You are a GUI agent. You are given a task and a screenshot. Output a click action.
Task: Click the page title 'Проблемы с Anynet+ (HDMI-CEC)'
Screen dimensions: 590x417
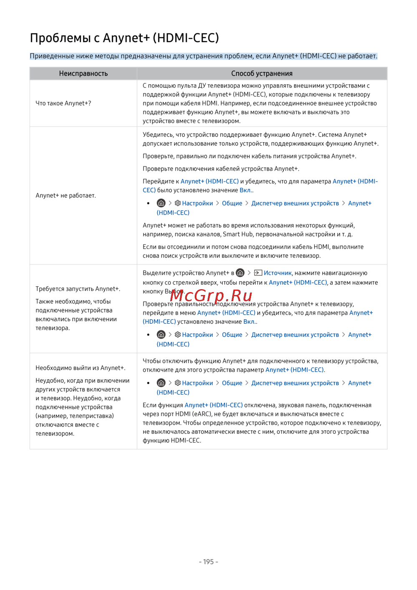click(x=124, y=38)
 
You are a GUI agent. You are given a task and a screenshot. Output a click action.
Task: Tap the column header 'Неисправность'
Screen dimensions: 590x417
click(x=83, y=73)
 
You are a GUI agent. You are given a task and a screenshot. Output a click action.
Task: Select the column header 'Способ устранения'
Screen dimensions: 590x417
click(x=262, y=73)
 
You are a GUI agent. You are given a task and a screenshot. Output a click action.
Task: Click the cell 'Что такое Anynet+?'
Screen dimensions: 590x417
click(x=63, y=103)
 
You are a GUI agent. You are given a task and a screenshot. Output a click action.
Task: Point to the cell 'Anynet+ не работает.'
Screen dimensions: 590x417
click(x=66, y=195)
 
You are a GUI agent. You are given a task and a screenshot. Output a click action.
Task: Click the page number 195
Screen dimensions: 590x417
click(x=208, y=562)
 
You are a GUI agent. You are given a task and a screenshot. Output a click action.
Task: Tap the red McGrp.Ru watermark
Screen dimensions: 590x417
click(x=211, y=295)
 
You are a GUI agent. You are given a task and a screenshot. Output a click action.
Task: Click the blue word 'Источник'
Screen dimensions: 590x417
click(x=278, y=273)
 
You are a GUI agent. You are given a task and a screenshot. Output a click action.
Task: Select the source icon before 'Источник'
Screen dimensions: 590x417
click(x=258, y=273)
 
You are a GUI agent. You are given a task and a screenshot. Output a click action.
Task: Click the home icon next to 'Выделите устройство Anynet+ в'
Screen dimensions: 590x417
click(x=240, y=273)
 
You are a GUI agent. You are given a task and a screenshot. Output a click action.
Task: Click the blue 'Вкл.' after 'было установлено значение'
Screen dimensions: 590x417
click(x=246, y=190)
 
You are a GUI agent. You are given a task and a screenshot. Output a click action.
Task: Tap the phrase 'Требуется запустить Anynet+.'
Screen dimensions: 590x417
click(x=78, y=289)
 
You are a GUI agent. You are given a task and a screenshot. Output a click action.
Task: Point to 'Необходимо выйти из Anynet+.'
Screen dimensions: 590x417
click(x=80, y=368)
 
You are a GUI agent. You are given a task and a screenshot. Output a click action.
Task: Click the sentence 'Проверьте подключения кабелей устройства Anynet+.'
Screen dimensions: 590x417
click(x=221, y=169)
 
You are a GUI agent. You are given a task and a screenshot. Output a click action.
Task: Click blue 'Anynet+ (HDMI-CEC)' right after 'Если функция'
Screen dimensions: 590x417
click(x=214, y=405)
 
